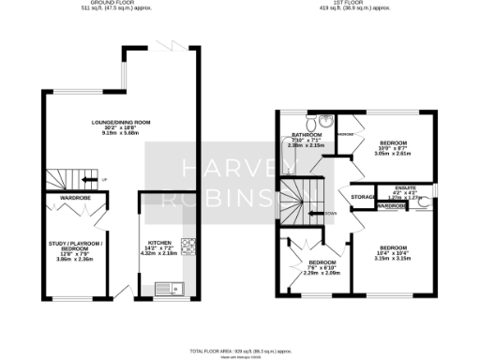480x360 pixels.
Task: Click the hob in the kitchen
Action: pos(187,247)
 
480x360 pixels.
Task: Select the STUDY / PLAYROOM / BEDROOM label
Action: pos(73,247)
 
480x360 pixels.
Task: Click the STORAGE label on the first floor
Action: pos(363,197)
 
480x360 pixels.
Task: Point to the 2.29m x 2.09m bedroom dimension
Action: pos(322,273)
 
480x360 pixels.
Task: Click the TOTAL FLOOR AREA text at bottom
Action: pos(241,349)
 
